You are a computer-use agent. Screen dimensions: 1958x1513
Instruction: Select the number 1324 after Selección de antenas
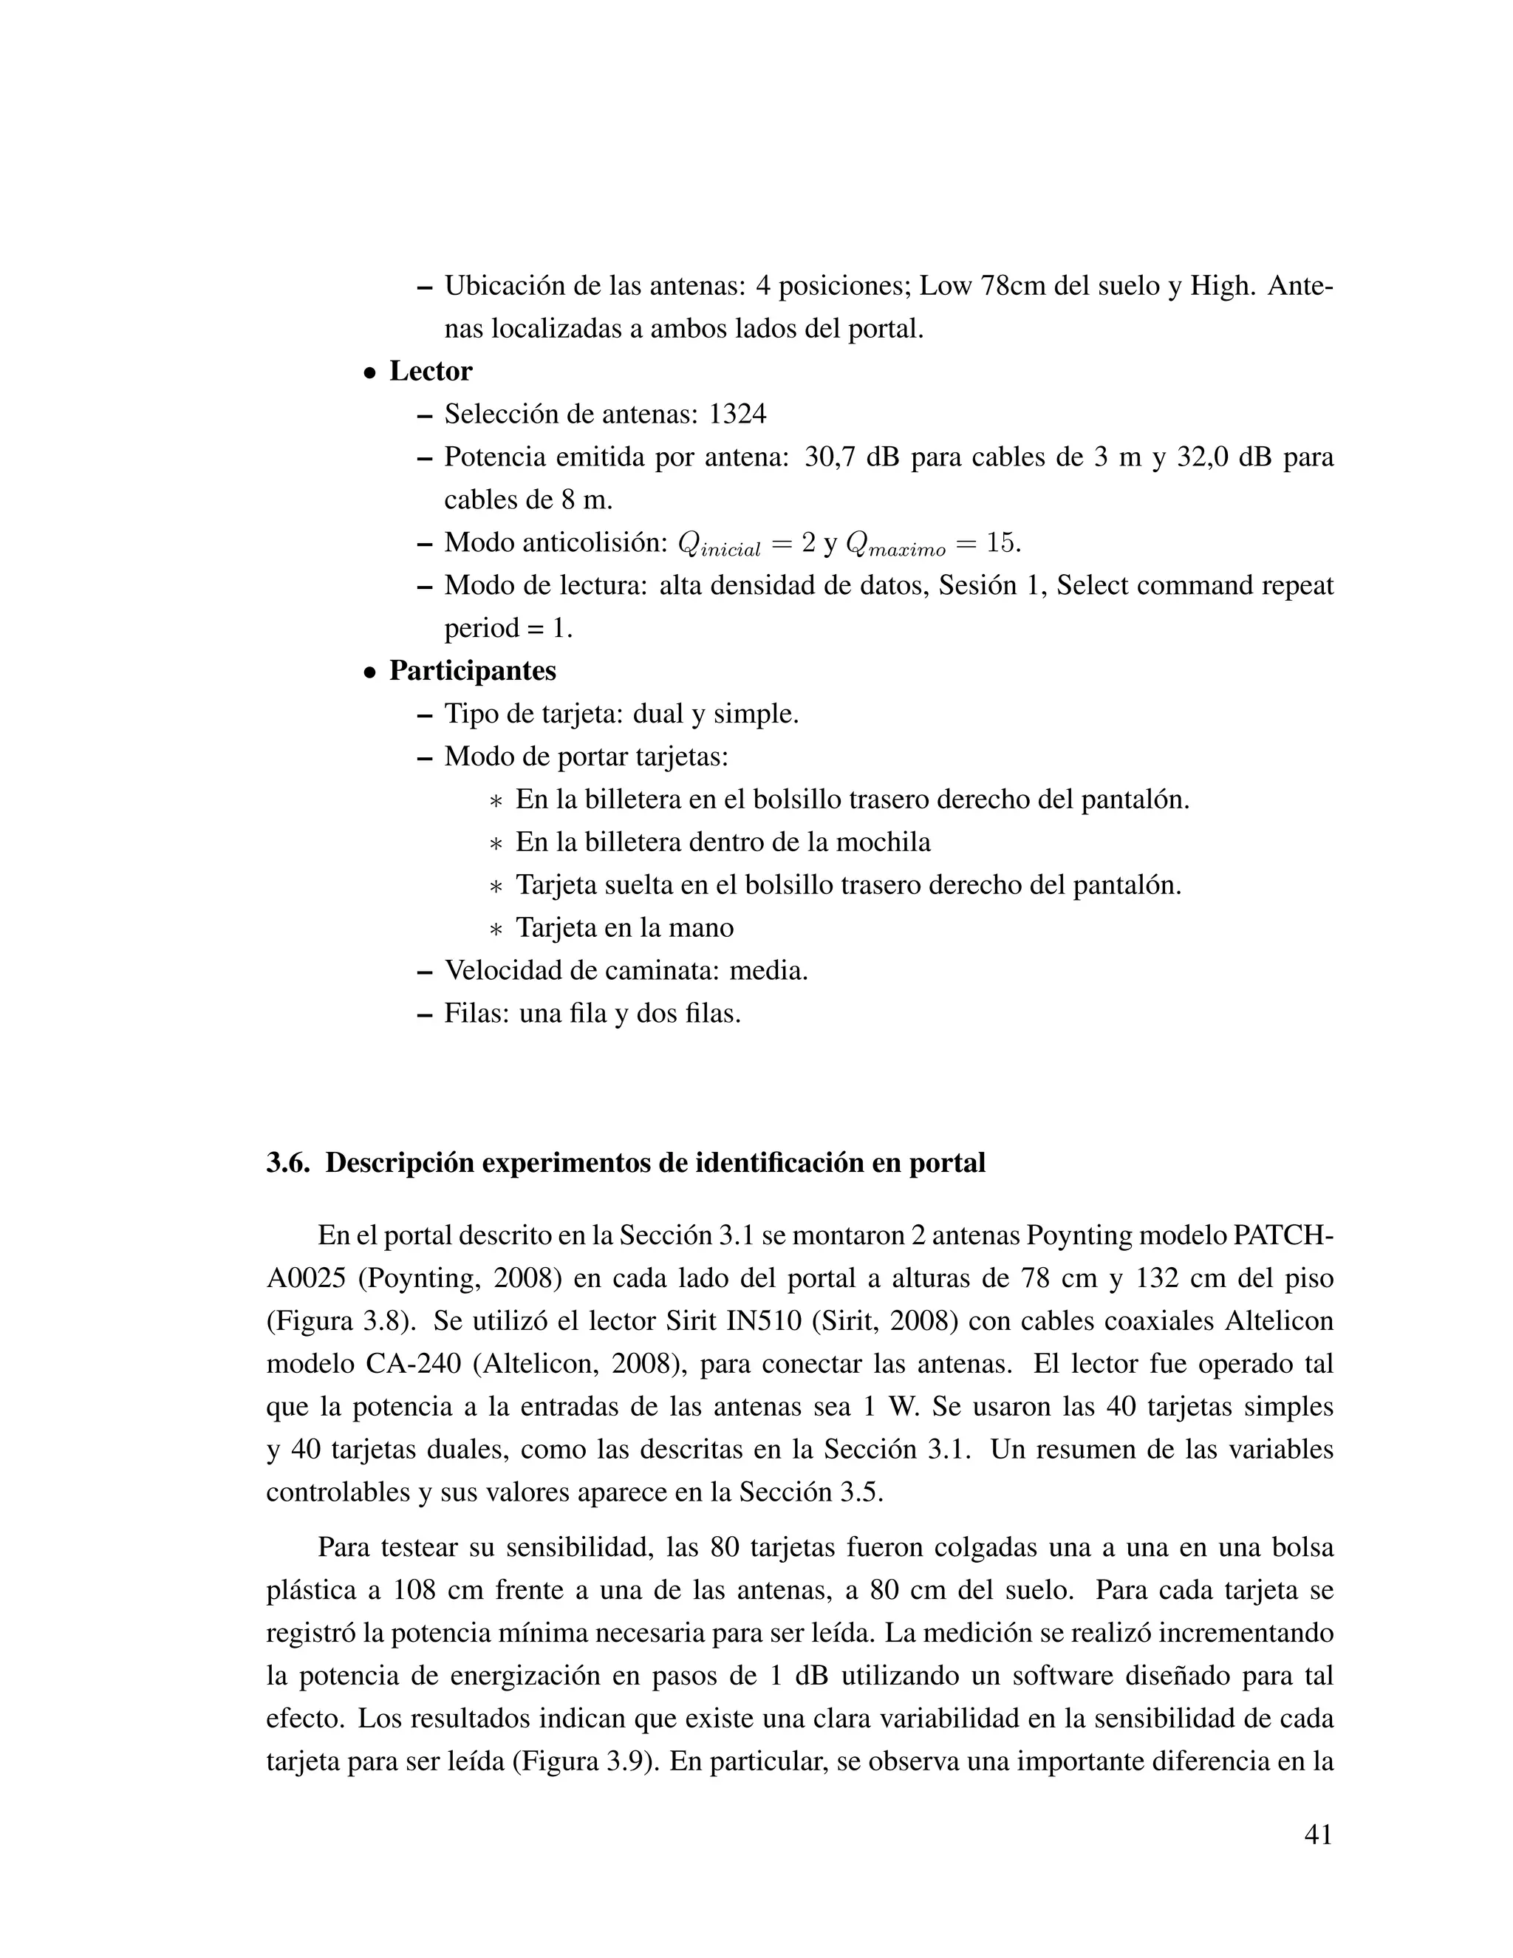(738, 415)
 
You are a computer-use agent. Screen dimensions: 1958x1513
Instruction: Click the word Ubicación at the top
(505, 286)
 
